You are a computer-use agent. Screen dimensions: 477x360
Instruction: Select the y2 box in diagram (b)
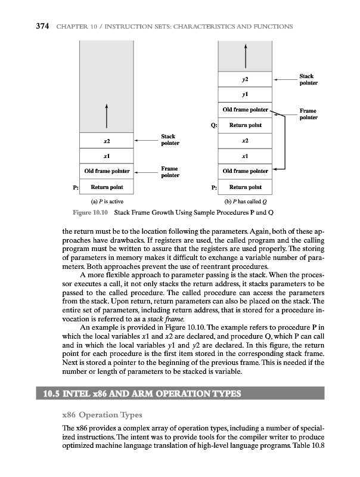pos(245,79)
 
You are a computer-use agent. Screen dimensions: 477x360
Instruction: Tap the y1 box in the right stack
pos(245,94)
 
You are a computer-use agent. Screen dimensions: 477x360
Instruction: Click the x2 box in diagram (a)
pos(105,141)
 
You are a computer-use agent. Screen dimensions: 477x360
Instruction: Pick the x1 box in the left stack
pos(105,156)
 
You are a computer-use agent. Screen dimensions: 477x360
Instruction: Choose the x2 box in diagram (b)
pos(245,141)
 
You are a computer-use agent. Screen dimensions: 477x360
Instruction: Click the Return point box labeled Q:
pos(245,125)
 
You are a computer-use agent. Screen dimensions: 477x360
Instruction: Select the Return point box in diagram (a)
pos(105,187)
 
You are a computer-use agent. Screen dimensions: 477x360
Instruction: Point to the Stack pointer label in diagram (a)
pos(170,140)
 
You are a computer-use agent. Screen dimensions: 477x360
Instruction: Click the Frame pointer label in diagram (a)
pos(170,172)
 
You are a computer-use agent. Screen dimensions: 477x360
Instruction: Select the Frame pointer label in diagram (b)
pos(308,114)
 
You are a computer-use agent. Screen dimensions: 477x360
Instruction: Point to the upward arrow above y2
pos(245,57)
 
